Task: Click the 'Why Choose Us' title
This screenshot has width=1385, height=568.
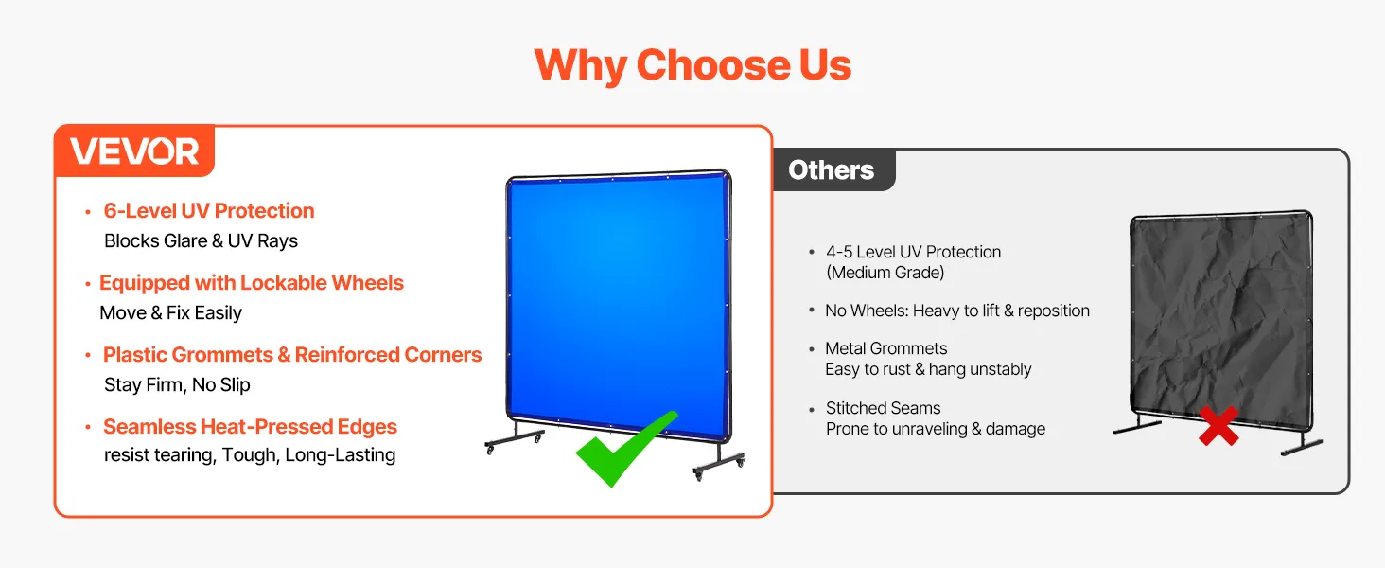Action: [692, 65]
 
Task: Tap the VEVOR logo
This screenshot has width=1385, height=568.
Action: [134, 151]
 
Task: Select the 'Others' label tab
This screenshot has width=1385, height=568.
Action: [831, 170]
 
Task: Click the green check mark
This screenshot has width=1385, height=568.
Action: [625, 449]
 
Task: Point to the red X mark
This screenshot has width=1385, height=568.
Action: [1218, 426]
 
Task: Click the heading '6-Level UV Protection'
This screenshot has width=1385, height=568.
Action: [209, 211]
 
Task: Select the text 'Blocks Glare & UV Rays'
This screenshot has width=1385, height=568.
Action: [201, 240]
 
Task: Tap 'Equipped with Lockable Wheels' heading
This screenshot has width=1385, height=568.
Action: [252, 283]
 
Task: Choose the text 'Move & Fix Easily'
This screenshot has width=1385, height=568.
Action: [170, 312]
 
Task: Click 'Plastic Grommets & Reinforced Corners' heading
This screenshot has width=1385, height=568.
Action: [292, 355]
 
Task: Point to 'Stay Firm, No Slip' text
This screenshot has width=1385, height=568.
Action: [178, 385]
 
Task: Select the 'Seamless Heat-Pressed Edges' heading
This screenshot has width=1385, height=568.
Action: [250, 426]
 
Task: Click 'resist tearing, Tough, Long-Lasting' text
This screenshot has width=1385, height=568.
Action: [250, 454]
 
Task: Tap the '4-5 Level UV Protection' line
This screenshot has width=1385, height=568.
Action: [913, 252]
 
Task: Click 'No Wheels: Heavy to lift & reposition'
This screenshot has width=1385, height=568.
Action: [957, 311]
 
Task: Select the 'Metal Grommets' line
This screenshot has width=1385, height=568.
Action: [886, 348]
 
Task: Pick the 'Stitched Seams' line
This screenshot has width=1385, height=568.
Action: [883, 408]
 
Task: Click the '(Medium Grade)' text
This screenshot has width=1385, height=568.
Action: [885, 273]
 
